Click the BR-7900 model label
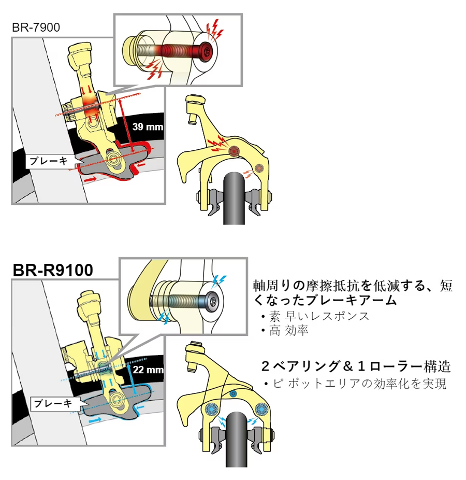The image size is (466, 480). pyautogui.click(x=36, y=27)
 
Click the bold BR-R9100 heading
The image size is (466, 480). pyautogui.click(x=53, y=270)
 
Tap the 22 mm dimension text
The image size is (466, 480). pyautogui.click(x=148, y=370)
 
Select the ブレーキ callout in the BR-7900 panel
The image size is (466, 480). pyautogui.click(x=48, y=161)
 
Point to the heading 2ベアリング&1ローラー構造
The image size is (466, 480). pyautogui.click(x=356, y=366)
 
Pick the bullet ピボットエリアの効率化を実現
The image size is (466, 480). pyautogui.click(x=357, y=384)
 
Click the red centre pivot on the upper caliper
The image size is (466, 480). pyautogui.click(x=233, y=151)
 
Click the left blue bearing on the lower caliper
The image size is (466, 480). pyautogui.click(x=211, y=408)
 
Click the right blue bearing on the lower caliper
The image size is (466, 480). pyautogui.click(x=259, y=410)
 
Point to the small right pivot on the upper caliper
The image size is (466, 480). pyautogui.click(x=258, y=167)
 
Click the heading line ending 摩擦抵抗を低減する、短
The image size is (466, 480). pyautogui.click(x=352, y=286)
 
